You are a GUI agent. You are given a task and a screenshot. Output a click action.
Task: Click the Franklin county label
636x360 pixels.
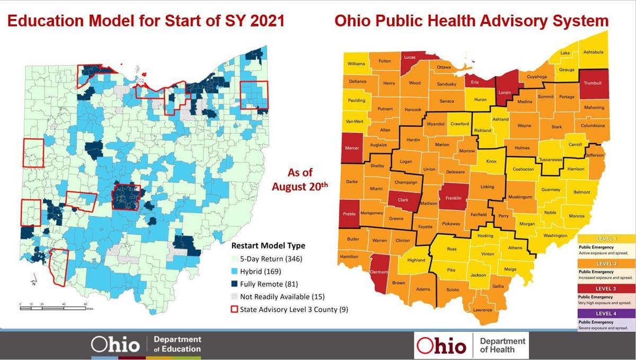click(x=453, y=198)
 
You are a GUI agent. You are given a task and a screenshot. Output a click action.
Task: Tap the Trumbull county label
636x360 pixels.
click(x=592, y=83)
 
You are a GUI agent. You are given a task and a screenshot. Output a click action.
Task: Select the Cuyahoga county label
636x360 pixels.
click(x=536, y=76)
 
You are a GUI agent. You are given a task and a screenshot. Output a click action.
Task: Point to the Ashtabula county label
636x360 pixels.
click(x=593, y=52)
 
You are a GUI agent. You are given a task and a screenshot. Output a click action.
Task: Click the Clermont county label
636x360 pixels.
click(x=379, y=272)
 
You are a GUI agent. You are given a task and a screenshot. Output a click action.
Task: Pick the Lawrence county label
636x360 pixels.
click(x=482, y=310)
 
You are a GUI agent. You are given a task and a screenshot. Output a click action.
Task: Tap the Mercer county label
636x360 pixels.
click(x=352, y=148)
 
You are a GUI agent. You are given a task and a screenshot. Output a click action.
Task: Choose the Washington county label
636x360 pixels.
click(x=555, y=235)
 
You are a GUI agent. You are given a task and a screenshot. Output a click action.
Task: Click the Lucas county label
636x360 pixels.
click(x=409, y=57)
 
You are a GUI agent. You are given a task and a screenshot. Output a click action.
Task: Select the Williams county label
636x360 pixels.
click(x=356, y=64)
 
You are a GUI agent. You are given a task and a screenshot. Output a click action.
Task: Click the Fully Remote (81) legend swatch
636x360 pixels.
click(x=235, y=284)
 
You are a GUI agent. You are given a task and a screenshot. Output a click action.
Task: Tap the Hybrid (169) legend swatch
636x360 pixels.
click(x=235, y=271)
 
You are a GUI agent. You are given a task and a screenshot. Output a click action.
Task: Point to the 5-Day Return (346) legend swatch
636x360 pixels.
click(x=235, y=259)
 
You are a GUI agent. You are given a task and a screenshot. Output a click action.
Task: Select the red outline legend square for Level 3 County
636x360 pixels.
click(x=235, y=309)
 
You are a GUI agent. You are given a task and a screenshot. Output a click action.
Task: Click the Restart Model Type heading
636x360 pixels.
click(x=268, y=246)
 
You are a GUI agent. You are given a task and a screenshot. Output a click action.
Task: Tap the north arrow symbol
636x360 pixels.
click(x=33, y=280)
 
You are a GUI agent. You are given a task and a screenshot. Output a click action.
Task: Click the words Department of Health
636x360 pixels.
click(x=502, y=345)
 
